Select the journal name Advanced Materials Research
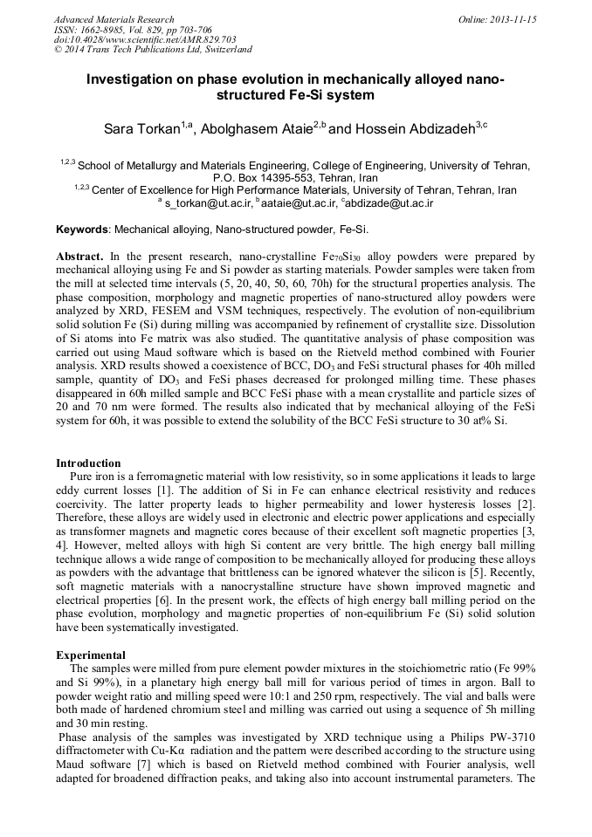click(114, 19)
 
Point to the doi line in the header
click(133, 40)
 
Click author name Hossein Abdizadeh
click(414, 130)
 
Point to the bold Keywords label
click(82, 230)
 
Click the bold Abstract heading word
click(80, 257)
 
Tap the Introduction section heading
click(88, 463)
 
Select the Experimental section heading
click(91, 655)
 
